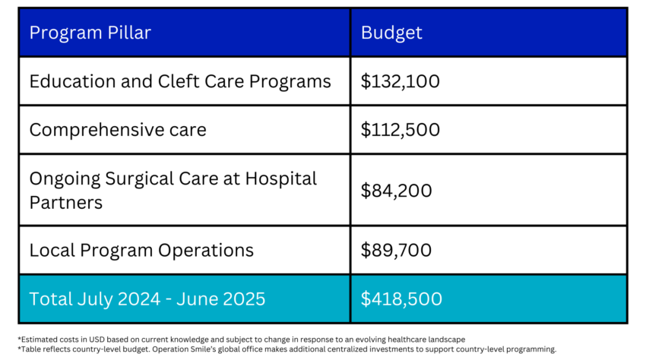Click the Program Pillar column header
[x=90, y=33]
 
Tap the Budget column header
[x=391, y=33]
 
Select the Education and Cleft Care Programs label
[x=180, y=81]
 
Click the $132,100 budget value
[x=400, y=81]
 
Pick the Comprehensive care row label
[x=118, y=129]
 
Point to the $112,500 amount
[x=400, y=129]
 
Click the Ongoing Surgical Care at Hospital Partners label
[x=173, y=191]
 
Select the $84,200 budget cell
[x=396, y=191]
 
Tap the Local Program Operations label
[x=141, y=250]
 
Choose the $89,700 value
[x=396, y=250]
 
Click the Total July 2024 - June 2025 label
[x=147, y=298]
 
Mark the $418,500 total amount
[x=401, y=298]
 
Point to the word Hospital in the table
[x=280, y=179]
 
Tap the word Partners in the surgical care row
[x=65, y=203]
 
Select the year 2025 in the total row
[x=244, y=298]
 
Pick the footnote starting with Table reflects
[x=287, y=349]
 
